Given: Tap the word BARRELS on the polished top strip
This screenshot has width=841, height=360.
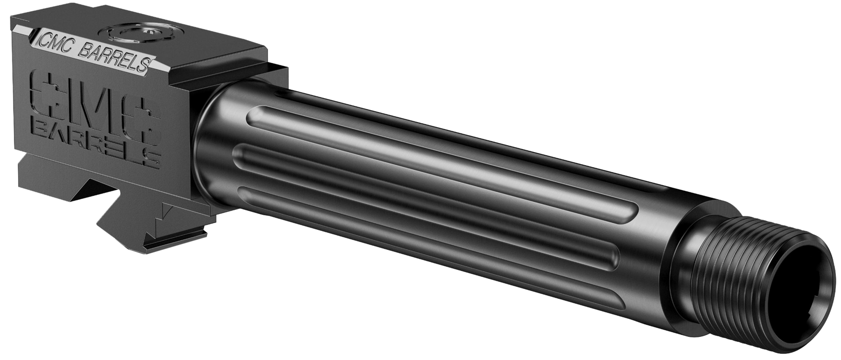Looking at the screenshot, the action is point(115,58).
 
